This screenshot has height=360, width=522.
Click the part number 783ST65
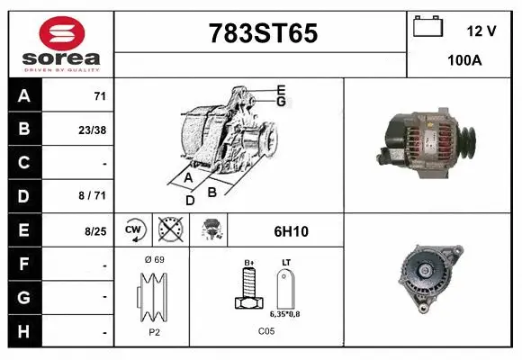pos(263,33)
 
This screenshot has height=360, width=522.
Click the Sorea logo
pos(61,44)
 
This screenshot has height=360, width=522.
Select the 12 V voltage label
pos(481,31)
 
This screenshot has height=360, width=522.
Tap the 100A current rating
pos(463,62)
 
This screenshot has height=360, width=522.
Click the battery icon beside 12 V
pos(427,27)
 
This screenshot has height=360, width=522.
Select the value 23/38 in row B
pos(92,129)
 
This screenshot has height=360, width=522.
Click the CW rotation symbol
pos(133,230)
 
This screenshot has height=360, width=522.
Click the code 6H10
pos(290,231)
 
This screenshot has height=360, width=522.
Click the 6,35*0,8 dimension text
pos(285,314)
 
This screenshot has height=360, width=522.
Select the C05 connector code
pos(265,331)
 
